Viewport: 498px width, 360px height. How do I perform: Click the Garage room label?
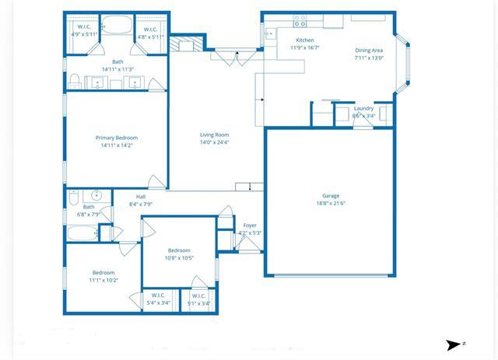coord(331,196)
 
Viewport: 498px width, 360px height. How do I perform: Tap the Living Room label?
coord(215,135)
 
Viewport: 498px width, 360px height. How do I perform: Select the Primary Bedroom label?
coord(117,138)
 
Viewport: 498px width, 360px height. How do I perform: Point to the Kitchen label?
coord(305,40)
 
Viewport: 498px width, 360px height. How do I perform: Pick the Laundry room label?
coord(363,108)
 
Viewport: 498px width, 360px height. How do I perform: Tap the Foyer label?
coord(250,225)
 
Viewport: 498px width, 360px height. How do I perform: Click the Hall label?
coord(141,197)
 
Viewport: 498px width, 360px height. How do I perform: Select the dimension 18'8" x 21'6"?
coord(331,204)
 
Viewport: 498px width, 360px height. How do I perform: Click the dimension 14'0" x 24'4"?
coord(215,142)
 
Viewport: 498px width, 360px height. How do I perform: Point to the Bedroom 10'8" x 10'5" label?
coord(179,250)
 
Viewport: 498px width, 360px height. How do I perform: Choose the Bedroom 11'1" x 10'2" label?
coord(103,273)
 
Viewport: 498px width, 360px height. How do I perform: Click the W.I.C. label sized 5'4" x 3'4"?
coord(158,295)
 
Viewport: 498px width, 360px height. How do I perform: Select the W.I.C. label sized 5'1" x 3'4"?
coord(198,295)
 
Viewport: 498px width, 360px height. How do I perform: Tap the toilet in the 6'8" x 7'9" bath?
coord(72,195)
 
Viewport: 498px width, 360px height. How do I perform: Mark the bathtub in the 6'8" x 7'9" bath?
coord(81,232)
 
